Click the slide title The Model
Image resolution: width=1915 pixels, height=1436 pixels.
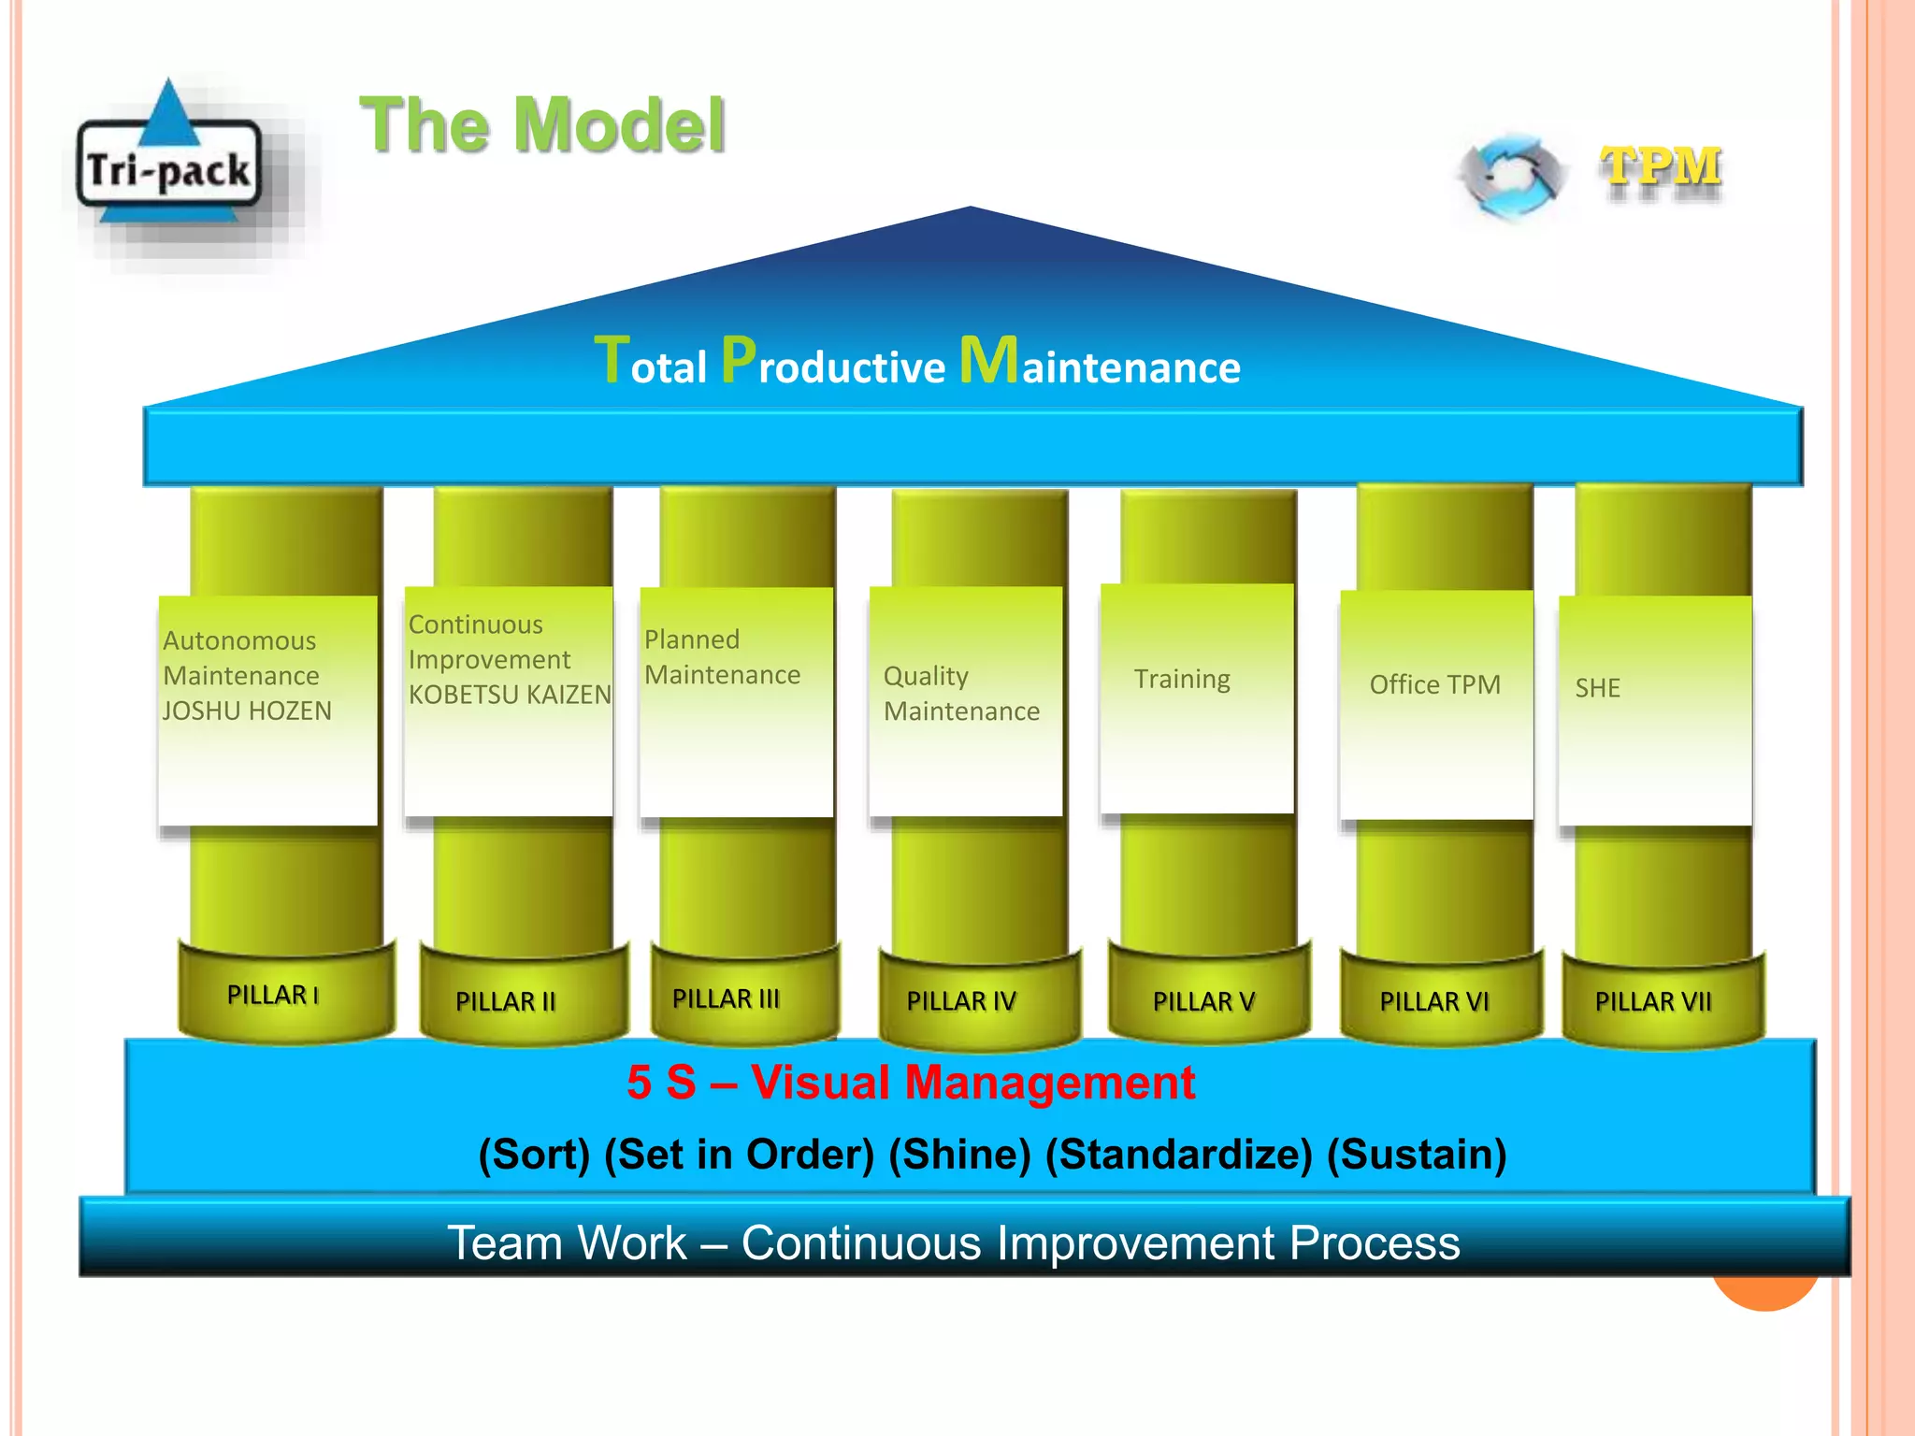pos(542,125)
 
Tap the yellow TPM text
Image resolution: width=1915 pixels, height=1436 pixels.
pos(1661,169)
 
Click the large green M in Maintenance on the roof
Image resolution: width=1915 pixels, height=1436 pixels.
pos(988,360)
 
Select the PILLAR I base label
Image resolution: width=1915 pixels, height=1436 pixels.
pos(273,995)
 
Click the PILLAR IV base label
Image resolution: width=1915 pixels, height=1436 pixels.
pos(961,1001)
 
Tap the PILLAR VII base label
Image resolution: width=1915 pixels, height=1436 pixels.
pos(1653,1001)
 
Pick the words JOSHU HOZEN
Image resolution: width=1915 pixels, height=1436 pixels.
pos(247,711)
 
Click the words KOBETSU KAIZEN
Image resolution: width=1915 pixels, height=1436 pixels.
pos(510,695)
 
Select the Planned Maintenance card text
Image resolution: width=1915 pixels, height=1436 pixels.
pos(722,657)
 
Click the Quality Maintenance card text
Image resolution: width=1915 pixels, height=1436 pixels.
pos(961,694)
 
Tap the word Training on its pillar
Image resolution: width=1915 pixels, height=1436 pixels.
pos(1182,679)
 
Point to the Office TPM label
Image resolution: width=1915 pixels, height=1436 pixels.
pos(1434,685)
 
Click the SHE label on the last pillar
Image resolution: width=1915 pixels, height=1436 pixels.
pos(1597,688)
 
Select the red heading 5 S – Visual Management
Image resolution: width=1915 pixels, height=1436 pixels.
pos(911,1083)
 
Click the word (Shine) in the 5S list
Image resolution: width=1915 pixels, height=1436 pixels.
pos(959,1155)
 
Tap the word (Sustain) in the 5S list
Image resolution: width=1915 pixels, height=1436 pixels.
pos(1417,1155)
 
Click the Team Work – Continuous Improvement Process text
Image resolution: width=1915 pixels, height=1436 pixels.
pos(954,1243)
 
